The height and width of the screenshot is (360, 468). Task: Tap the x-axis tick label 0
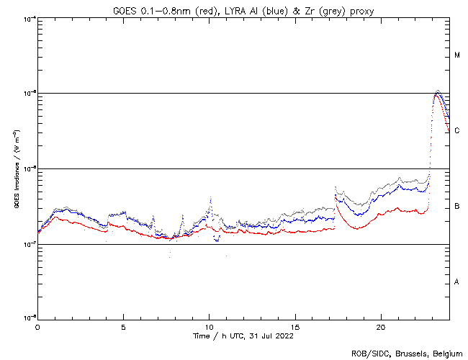[x=37, y=327]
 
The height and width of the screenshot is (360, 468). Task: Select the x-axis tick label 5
[x=123, y=327]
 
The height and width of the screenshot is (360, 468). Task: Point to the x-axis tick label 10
[x=209, y=327]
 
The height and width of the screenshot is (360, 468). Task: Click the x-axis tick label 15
[x=295, y=327]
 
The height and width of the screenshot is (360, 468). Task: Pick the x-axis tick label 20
[x=381, y=327]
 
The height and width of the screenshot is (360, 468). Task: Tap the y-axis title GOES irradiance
[x=15, y=169]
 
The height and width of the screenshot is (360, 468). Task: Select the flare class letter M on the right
[x=457, y=55]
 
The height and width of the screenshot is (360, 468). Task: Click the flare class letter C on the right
[x=457, y=130]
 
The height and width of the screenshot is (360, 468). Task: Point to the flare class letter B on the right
[x=457, y=207]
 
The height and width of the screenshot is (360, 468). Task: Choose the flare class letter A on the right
[x=457, y=282]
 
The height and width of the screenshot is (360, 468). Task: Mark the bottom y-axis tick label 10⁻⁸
[x=30, y=317]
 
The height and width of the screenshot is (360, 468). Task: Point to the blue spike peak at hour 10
[x=210, y=199]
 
